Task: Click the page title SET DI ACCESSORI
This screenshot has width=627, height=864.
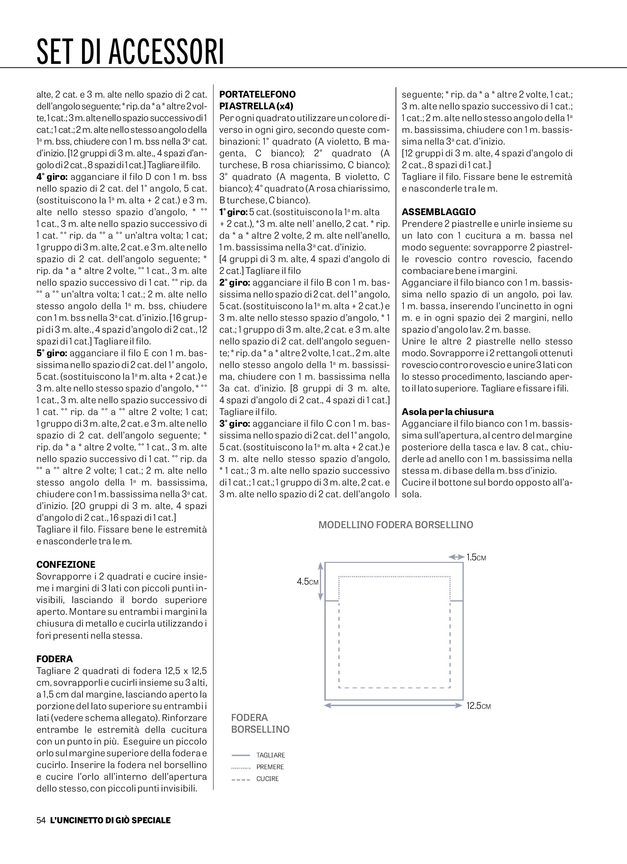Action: (130, 51)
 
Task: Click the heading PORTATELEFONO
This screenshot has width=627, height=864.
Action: (257, 94)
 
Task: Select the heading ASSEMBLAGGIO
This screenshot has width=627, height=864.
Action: (439, 212)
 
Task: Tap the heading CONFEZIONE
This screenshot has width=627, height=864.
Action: (66, 565)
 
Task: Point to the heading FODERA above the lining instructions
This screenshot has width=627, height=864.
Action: (54, 659)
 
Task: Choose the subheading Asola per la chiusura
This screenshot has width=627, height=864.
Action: (448, 412)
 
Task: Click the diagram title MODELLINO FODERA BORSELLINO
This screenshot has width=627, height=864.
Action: (396, 525)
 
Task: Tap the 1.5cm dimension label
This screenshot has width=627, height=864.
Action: (476, 557)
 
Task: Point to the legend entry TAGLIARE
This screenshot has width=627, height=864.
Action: (271, 755)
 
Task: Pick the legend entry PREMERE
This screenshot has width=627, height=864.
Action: (270, 767)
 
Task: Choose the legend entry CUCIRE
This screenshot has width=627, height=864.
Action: (267, 779)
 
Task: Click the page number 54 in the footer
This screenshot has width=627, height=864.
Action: (41, 820)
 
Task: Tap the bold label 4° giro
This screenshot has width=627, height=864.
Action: (52, 177)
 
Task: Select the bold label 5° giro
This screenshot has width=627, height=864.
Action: (52, 353)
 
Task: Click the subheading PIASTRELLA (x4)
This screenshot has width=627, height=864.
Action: (256, 106)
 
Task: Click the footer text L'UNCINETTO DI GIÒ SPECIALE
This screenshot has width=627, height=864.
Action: (110, 820)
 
